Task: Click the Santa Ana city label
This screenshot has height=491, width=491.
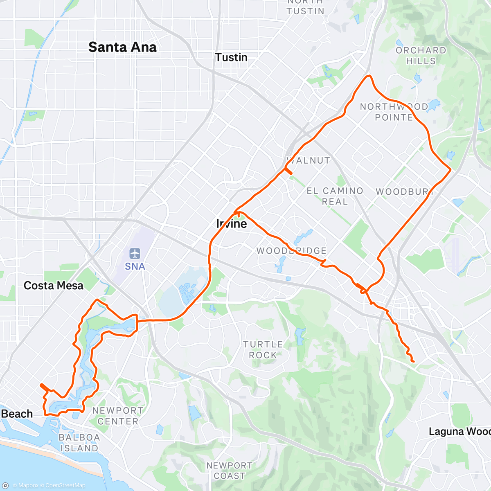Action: [122, 47]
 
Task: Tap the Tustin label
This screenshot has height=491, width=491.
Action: [231, 57]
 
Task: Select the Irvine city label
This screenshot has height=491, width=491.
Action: [232, 224]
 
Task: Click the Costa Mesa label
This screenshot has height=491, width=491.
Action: [53, 286]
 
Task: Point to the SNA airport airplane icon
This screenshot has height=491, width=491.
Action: [135, 253]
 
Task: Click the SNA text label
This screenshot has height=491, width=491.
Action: [135, 267]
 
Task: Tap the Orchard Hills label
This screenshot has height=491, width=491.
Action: [421, 56]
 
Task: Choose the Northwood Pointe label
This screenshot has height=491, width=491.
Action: [394, 112]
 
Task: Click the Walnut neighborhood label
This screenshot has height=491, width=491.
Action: [309, 160]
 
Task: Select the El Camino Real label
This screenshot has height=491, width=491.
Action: [335, 196]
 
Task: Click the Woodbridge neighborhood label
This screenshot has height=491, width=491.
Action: [291, 251]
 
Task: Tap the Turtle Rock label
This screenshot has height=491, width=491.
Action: [263, 350]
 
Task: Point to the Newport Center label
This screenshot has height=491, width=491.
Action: [118, 416]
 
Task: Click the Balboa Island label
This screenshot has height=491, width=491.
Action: [79, 443]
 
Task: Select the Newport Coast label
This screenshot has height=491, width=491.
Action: [229, 471]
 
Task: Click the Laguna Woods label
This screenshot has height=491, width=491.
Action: [459, 432]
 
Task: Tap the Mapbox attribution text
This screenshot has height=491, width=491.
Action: [25, 486]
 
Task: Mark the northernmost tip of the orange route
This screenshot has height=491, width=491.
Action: [369, 76]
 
